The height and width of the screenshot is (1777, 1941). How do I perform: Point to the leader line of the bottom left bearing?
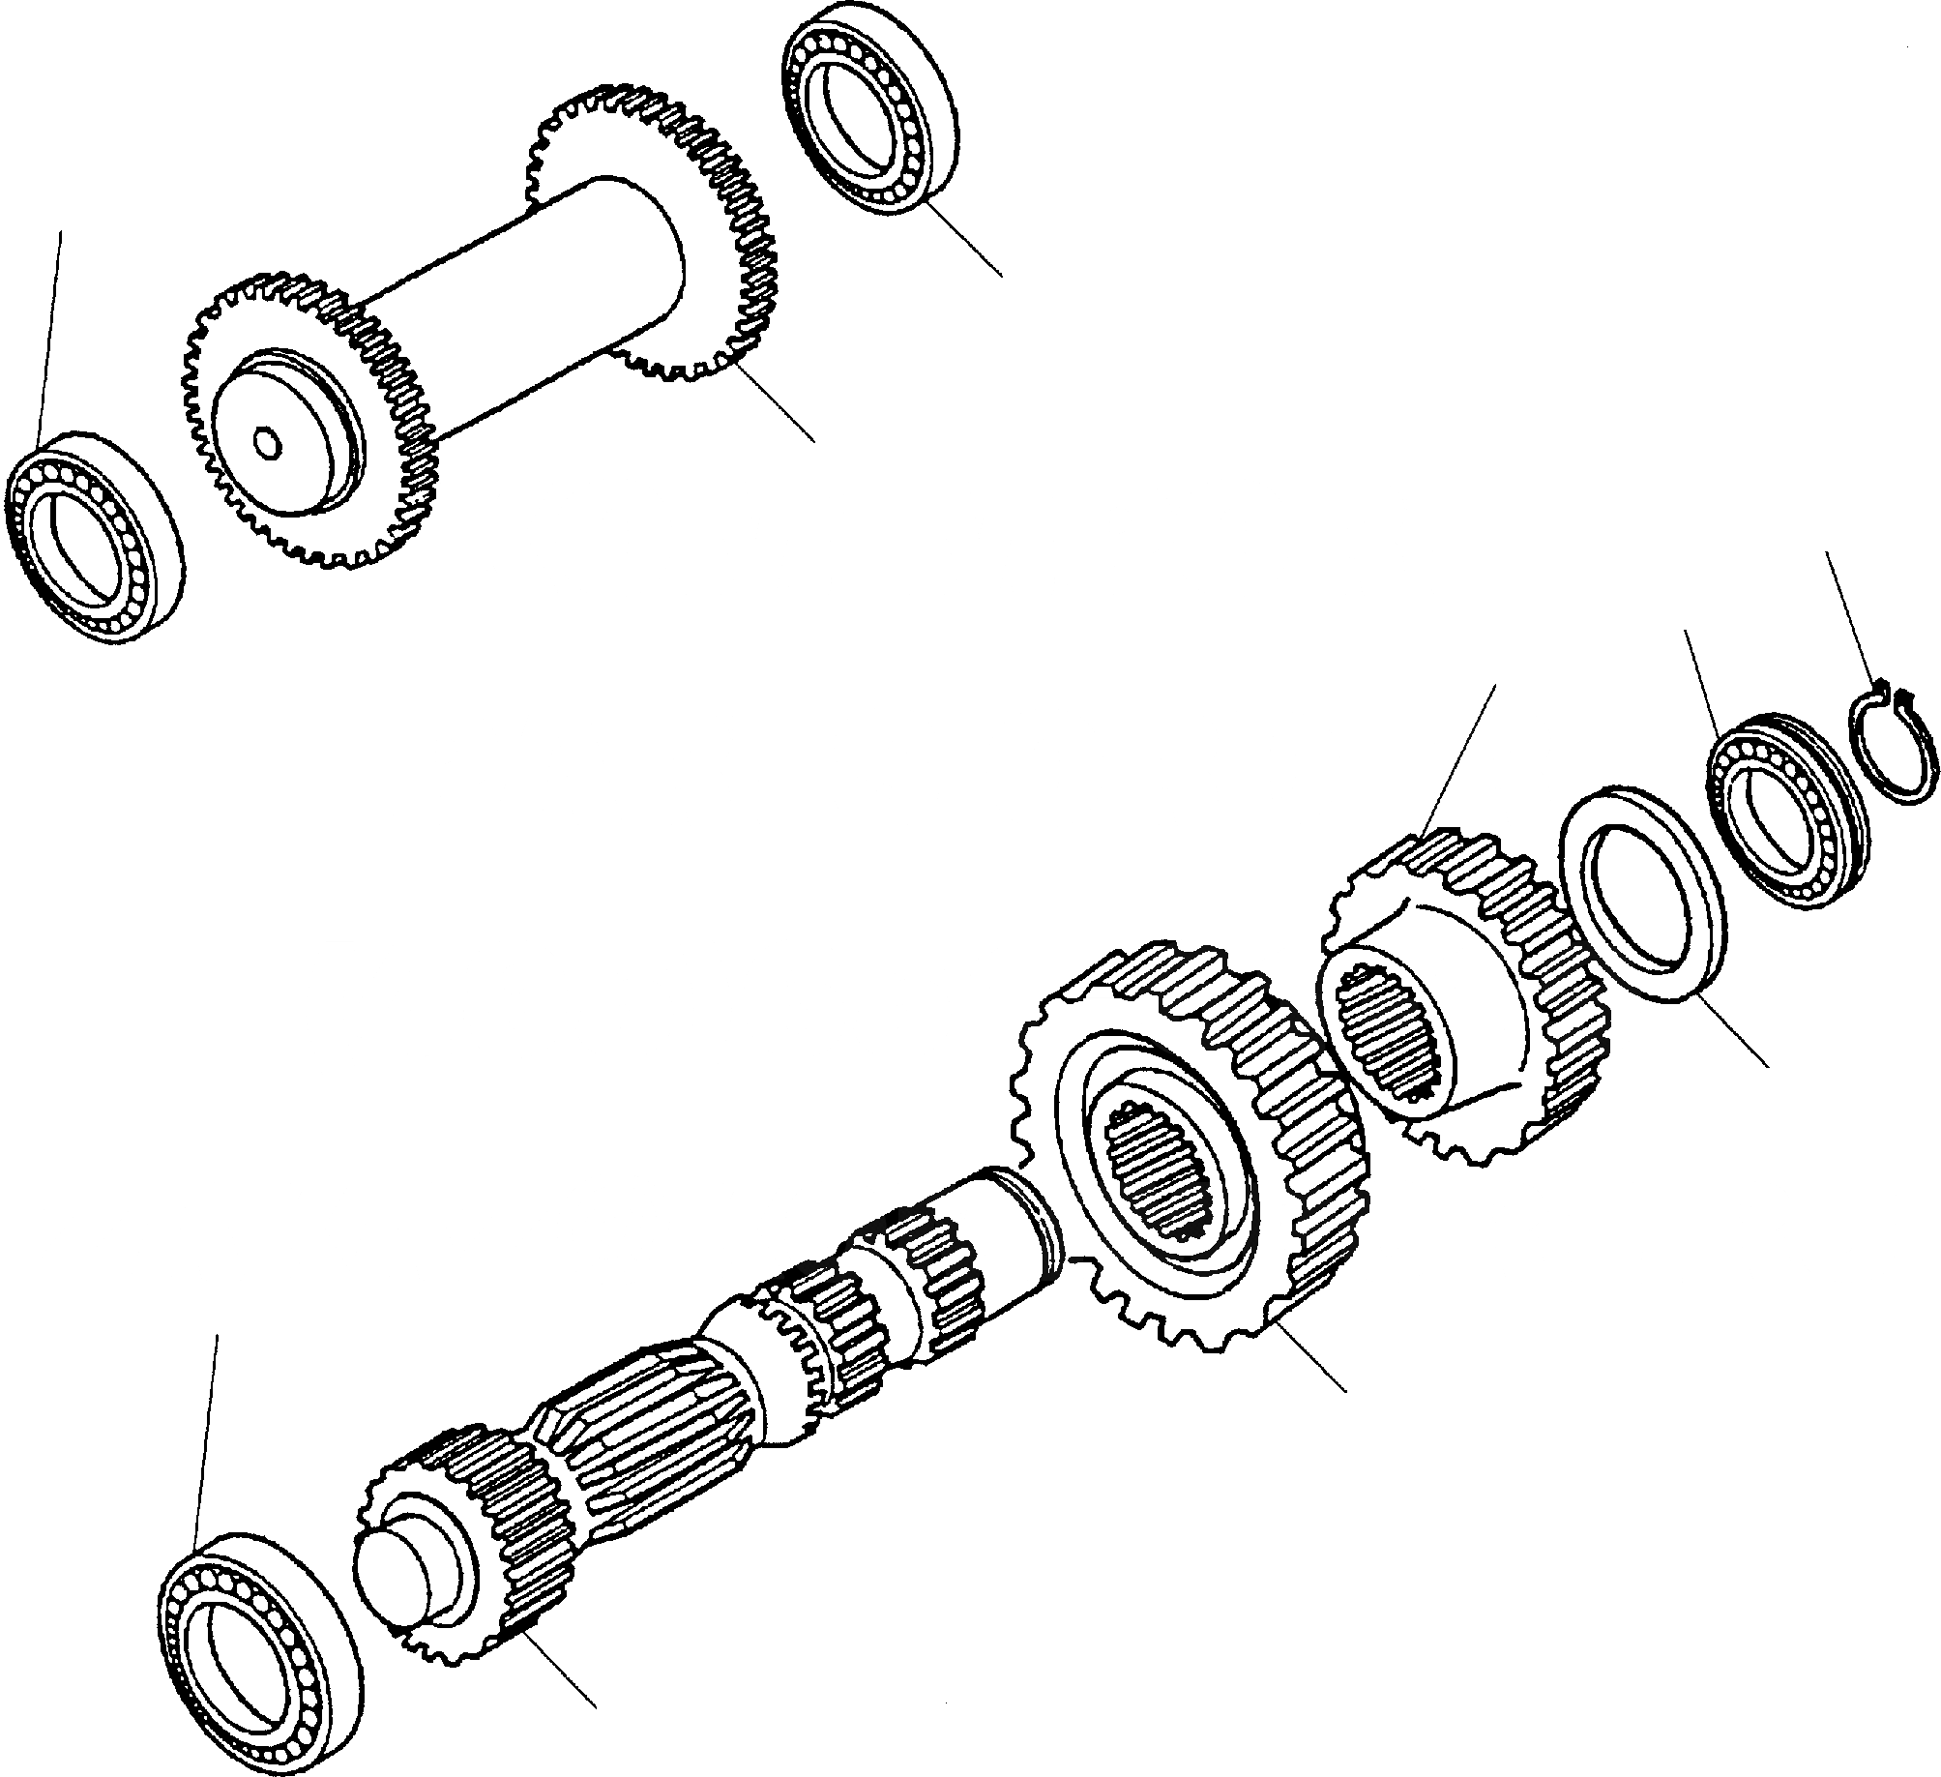pos(205,1441)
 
